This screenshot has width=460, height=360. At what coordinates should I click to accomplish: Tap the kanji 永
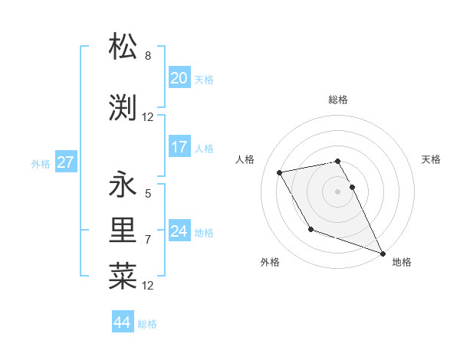[x=123, y=185]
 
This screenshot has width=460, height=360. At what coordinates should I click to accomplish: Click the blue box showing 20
[x=179, y=77]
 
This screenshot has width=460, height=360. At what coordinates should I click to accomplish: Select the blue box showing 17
[x=179, y=146]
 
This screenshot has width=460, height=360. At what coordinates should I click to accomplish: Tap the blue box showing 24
[x=179, y=231]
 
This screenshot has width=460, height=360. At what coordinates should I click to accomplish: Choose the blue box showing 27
[x=65, y=162]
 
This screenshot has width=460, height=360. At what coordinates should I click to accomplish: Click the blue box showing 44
[x=123, y=322]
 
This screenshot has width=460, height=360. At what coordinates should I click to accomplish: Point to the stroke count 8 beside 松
[x=148, y=56]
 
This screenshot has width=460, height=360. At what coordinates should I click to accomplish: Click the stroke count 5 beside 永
[x=148, y=194]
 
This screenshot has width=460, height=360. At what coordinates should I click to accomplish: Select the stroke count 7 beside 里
[x=148, y=240]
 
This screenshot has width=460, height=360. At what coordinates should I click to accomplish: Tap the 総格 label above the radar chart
[x=338, y=100]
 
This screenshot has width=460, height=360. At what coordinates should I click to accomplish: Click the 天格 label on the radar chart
[x=431, y=159]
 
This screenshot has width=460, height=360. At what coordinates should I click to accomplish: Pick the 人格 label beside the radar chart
[x=245, y=159]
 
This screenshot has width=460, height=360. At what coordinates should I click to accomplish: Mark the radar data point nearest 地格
[x=383, y=253]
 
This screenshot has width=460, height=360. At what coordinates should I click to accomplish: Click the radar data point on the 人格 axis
[x=280, y=172]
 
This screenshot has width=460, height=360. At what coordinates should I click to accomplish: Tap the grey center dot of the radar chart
[x=338, y=191]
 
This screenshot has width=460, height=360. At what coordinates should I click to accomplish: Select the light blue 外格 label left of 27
[x=40, y=163]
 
